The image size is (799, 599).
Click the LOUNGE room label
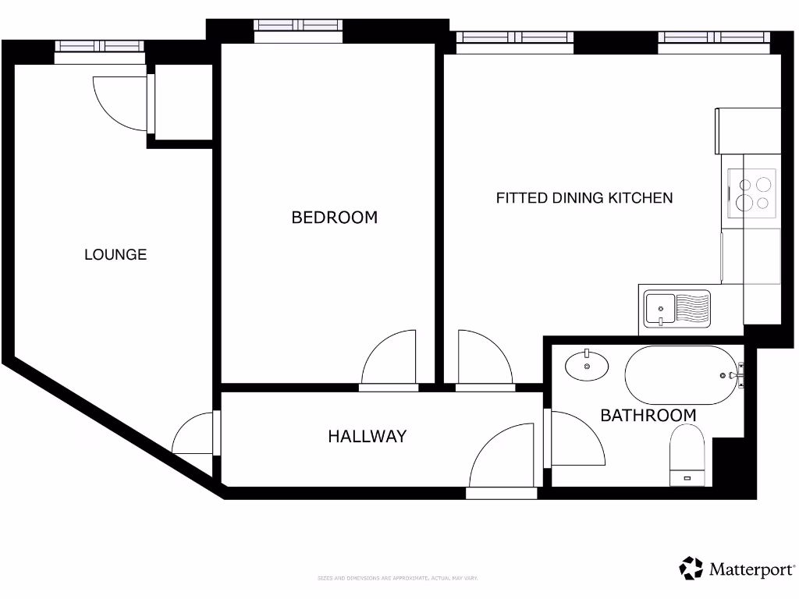[x=115, y=254]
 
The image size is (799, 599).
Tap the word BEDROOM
[x=334, y=218]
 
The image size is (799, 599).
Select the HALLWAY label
[x=367, y=437]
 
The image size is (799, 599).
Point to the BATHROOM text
[x=648, y=416]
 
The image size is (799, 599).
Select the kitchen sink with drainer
[x=676, y=308]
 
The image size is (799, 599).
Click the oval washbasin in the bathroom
[x=587, y=365]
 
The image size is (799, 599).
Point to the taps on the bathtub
[x=739, y=375]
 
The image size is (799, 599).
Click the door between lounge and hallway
[x=194, y=434]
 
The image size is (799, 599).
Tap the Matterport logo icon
[x=691, y=569]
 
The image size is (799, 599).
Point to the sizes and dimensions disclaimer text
[x=397, y=578]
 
